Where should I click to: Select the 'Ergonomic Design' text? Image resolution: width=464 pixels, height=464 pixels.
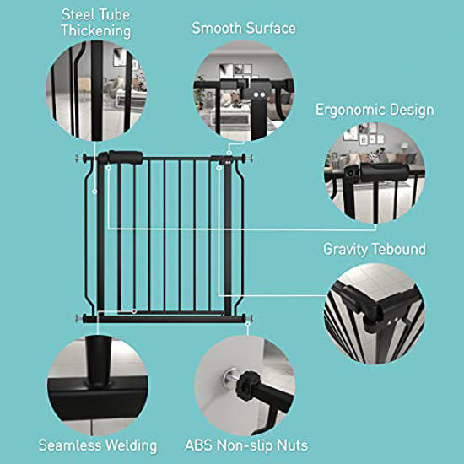tap(375, 110)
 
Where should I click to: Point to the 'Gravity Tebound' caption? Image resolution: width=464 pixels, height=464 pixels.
tap(375, 250)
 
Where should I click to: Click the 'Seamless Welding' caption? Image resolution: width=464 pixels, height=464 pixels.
tap(98, 445)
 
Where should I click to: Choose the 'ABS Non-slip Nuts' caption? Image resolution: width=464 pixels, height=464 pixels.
tap(246, 445)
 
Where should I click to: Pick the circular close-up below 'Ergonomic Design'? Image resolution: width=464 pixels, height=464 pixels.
tap(374, 176)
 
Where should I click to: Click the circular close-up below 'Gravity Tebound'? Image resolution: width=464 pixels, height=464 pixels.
tap(375, 313)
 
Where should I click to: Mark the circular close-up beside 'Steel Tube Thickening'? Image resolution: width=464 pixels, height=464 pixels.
tap(96, 89)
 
